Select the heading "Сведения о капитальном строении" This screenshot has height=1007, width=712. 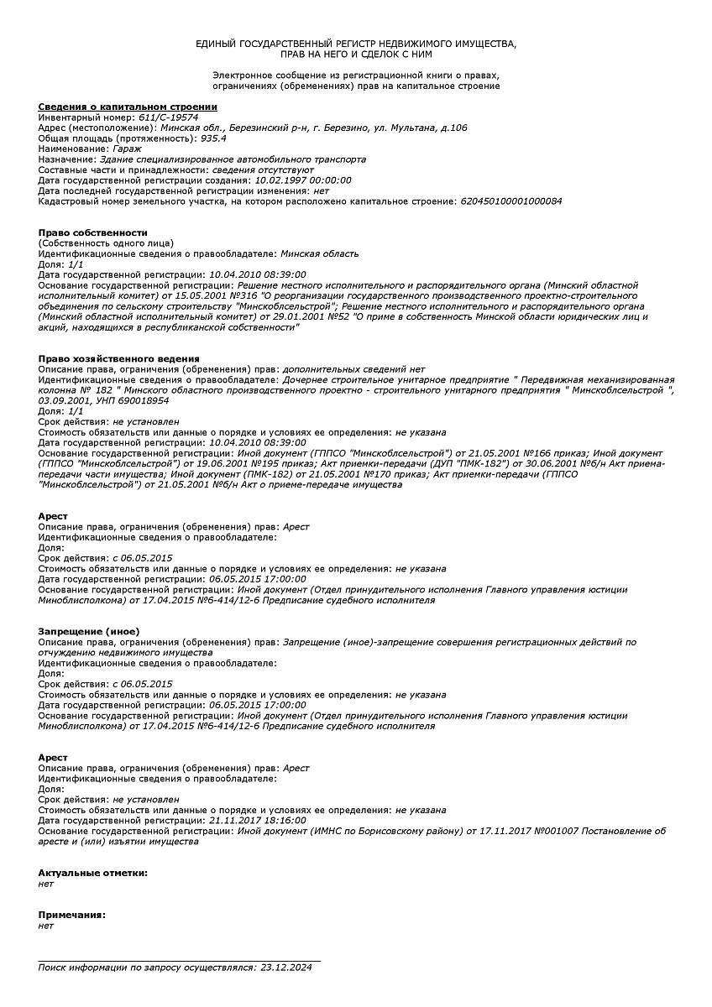(x=128, y=107)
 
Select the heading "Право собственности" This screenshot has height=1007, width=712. (x=92, y=232)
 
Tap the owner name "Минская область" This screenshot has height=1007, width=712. (x=320, y=253)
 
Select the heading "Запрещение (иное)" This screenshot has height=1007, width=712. (x=89, y=631)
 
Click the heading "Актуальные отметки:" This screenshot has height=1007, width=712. (x=92, y=873)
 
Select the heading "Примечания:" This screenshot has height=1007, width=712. (x=72, y=914)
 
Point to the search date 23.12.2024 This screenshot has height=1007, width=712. (x=286, y=968)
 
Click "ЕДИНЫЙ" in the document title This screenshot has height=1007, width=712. (x=216, y=42)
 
